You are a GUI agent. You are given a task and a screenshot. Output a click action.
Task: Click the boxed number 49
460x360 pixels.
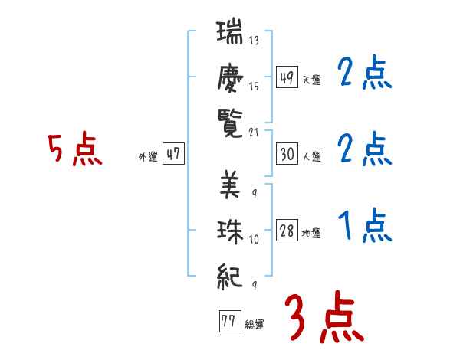pos(287,77)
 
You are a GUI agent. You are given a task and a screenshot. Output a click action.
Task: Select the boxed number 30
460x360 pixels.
pos(287,154)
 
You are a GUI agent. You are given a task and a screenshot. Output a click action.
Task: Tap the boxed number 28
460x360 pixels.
pos(287,231)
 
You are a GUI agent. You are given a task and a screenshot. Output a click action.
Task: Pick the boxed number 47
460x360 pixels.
pos(173,154)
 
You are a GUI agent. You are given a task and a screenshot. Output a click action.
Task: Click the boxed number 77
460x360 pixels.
pos(228,322)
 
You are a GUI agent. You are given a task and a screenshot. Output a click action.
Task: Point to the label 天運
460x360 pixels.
pos(311,80)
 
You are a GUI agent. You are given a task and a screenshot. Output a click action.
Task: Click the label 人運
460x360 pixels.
pos(311,156)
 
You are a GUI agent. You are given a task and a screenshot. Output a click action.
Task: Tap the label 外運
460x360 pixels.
pos(147,156)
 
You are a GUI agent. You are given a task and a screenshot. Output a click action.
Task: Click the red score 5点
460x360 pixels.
pos(75,149)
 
